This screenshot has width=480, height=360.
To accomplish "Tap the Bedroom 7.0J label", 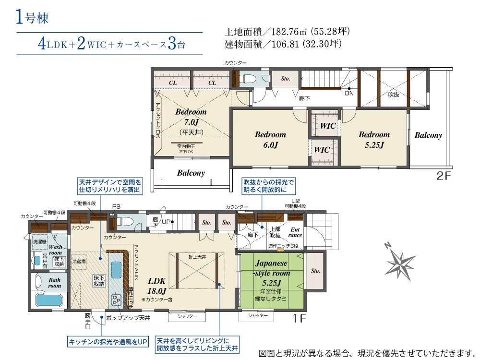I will tap(191, 117).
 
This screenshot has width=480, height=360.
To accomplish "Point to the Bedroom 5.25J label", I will tap(374, 139).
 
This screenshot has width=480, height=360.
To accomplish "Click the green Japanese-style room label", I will tap(272, 272).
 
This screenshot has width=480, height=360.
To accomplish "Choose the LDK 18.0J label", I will tap(156, 286).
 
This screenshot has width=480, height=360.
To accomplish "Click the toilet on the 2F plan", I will tap(250, 79).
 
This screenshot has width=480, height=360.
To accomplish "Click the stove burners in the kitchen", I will tap(117, 300).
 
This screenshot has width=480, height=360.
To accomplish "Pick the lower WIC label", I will tap(322, 150).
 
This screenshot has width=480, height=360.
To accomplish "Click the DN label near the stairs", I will tap(349, 94).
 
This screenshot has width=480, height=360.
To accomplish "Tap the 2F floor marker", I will tap(444, 176).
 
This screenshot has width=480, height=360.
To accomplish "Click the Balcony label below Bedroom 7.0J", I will tap(191, 173).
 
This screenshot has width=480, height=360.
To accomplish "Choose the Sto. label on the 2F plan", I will tap(285, 78).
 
